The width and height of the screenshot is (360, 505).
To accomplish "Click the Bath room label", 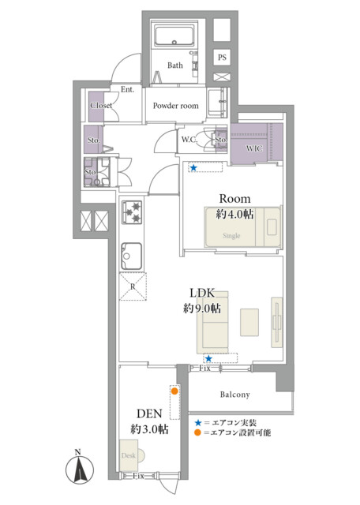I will click(174, 66).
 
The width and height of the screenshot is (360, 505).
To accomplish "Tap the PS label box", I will click(223, 58).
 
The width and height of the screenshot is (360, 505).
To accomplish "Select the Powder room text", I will click(174, 105).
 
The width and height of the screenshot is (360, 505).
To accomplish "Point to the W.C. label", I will click(189, 140).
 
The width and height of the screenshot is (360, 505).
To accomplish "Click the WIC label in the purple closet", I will click(254, 148).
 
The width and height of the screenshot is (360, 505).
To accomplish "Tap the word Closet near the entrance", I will click(101, 106).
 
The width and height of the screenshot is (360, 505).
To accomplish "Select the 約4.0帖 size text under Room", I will click(234, 214).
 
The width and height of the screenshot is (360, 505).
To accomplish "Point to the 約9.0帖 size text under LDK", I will click(202, 309).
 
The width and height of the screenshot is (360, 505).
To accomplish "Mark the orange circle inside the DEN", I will click(173, 390).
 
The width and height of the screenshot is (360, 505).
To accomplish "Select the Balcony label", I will click(234, 395).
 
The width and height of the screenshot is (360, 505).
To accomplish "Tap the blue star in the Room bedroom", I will click(192, 167).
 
